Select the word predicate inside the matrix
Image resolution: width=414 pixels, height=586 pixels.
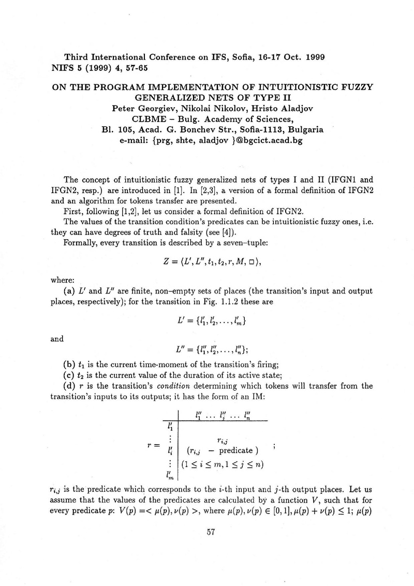[235, 450]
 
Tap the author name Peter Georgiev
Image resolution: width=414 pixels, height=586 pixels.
[138, 108]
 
